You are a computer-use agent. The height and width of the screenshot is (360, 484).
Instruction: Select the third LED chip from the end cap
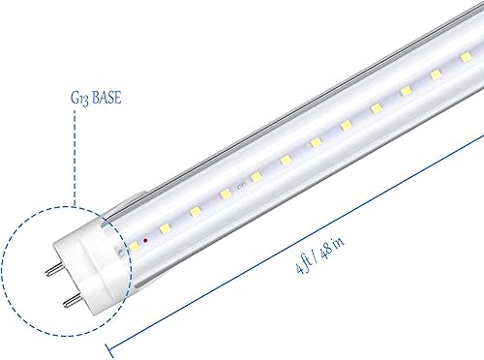pos(226,193)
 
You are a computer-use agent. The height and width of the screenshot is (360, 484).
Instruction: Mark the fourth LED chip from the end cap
pos(256,177)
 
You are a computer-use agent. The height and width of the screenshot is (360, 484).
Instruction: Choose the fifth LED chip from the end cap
pos(285,160)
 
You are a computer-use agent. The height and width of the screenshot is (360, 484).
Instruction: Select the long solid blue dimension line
pos(290,250)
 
